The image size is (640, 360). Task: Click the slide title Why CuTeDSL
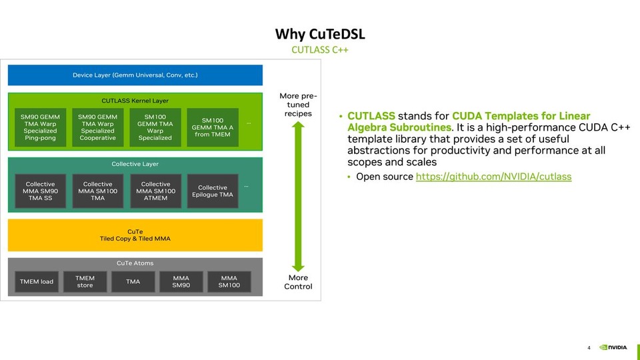tap(320, 34)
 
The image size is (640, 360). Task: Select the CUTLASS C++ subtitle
tap(320, 50)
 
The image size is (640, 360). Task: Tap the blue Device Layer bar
tap(135, 75)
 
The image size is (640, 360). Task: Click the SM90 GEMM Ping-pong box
tap(41, 127)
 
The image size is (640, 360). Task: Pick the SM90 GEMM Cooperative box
tap(98, 127)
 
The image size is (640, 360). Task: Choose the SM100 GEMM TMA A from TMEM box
tap(213, 127)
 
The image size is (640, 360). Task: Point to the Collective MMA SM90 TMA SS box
tap(41, 191)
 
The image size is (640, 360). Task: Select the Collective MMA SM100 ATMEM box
tap(155, 191)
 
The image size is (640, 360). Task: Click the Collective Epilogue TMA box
tap(213, 191)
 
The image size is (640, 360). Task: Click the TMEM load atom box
tap(37, 281)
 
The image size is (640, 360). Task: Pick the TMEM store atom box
tap(85, 281)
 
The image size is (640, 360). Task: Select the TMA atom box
tap(133, 281)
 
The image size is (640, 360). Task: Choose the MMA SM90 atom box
tap(181, 281)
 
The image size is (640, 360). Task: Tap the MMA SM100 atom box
tap(229, 281)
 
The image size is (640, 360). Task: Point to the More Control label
tap(298, 282)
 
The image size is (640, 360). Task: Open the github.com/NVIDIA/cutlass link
tap(493, 177)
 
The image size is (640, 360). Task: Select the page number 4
tap(589, 347)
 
